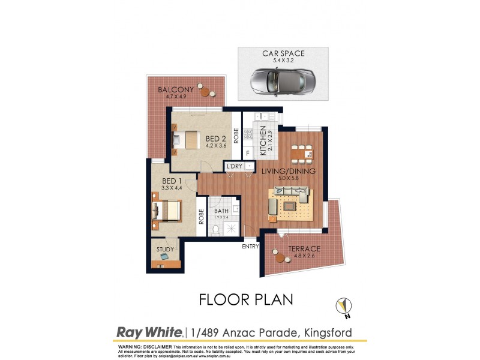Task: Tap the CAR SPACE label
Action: point(283,53)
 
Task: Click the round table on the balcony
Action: point(205,91)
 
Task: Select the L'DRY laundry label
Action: point(235,167)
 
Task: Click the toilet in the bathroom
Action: point(215,230)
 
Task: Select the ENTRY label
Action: point(250,246)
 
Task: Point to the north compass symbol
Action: point(343,307)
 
